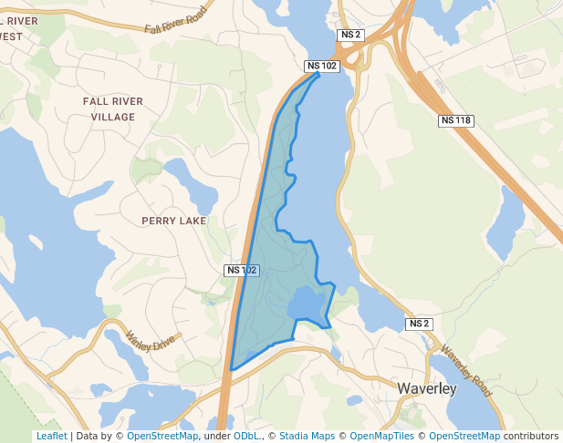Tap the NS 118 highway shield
pyautogui.click(x=455, y=120)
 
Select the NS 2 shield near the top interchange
pyautogui.click(x=350, y=35)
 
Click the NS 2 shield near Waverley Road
pyautogui.click(x=419, y=324)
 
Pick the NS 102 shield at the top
pyautogui.click(x=322, y=66)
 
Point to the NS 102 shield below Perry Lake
pyautogui.click(x=242, y=270)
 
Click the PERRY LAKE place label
pyautogui.click(x=174, y=221)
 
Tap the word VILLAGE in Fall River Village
pyautogui.click(x=113, y=118)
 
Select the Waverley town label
pyautogui.click(x=426, y=388)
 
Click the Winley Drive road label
pyautogui.click(x=150, y=340)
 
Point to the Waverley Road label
pyautogui.click(x=466, y=370)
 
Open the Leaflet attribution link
pyautogui.click(x=51, y=436)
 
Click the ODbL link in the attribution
pyautogui.click(x=246, y=436)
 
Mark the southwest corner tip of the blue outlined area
pyautogui.click(x=231, y=369)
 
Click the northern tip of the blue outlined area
pyautogui.click(x=318, y=75)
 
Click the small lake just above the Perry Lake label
pyautogui.click(x=189, y=181)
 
